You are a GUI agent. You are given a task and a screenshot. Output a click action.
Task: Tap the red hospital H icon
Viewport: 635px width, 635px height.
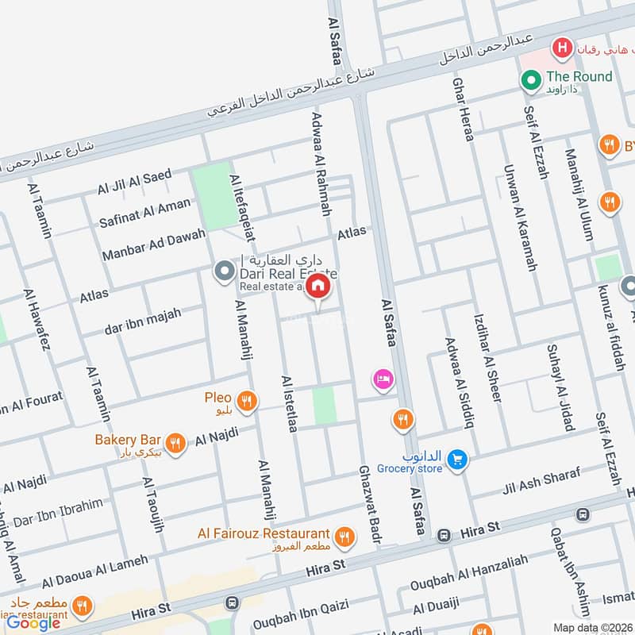click(x=563, y=48)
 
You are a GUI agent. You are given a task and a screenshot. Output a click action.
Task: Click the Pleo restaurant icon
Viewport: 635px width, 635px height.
click(x=247, y=401)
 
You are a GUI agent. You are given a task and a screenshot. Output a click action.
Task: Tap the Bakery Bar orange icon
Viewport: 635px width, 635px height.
click(x=176, y=443)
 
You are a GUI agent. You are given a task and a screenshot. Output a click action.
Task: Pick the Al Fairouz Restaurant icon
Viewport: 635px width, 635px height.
click(x=344, y=537)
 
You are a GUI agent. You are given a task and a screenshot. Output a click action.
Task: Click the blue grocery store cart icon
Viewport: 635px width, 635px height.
click(x=456, y=460)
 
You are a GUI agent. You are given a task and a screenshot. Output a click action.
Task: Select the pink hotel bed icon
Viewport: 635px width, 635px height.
click(x=383, y=379)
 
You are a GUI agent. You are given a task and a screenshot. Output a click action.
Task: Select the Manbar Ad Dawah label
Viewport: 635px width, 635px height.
click(x=153, y=244)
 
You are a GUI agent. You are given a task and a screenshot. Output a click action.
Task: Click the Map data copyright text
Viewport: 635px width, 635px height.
click(x=592, y=628)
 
